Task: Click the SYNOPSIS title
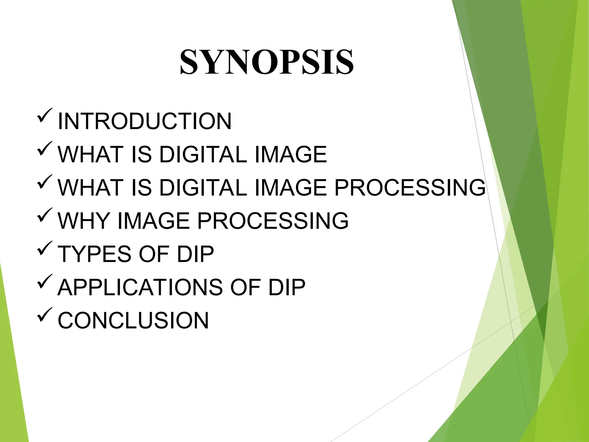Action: point(267,62)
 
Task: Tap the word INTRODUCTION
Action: point(144,121)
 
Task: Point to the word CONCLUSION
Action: point(133,321)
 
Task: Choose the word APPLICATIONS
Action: point(140,287)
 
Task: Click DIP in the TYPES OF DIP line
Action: point(195,254)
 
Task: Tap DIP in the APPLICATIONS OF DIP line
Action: point(287,287)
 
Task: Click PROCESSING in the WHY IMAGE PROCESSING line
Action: point(272,221)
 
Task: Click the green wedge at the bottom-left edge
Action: point(13,374)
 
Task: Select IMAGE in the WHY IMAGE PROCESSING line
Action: point(154,221)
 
